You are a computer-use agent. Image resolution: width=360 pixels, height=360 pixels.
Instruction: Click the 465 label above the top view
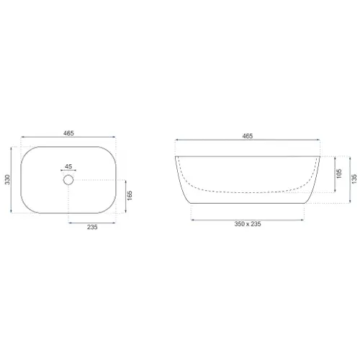click(68, 133)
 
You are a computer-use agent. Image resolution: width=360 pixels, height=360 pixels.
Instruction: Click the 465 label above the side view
click(248, 136)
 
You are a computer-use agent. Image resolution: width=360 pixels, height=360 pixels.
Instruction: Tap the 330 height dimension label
click(8, 179)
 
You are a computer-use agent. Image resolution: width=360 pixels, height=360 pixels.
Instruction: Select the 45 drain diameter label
click(68, 166)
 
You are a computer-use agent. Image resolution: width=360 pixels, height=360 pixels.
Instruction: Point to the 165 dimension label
click(130, 196)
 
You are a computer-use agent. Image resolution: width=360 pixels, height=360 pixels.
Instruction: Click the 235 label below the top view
click(92, 227)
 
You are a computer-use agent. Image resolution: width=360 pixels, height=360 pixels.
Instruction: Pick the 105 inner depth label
click(339, 174)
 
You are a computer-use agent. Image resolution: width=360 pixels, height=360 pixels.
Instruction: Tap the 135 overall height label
click(354, 179)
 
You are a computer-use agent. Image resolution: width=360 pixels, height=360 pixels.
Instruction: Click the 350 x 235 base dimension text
click(248, 224)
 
